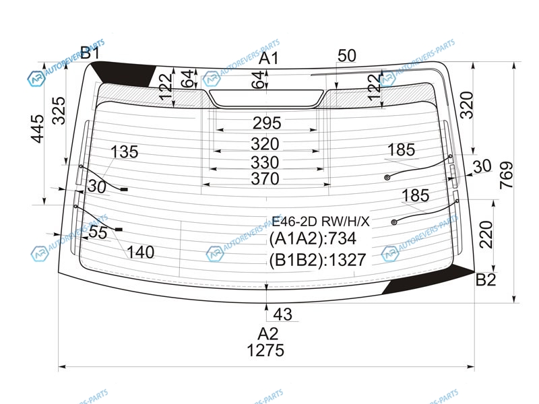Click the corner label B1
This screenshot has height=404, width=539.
click(x=90, y=53)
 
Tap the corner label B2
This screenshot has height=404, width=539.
click(x=485, y=280)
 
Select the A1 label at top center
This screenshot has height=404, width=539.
click(x=268, y=59)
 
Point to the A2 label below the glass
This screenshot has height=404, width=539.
click(x=267, y=333)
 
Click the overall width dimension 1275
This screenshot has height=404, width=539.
click(x=265, y=350)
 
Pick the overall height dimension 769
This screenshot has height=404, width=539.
click(x=506, y=175)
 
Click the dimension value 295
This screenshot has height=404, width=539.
click(x=267, y=123)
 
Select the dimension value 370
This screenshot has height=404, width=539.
click(x=265, y=178)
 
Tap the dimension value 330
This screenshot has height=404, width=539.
click(x=265, y=162)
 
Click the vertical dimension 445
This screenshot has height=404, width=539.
click(x=38, y=129)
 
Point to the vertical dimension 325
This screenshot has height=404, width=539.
click(x=59, y=110)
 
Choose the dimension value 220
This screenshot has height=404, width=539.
click(x=486, y=234)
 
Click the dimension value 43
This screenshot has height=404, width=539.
click(x=283, y=314)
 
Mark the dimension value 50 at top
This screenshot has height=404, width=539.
click(x=347, y=56)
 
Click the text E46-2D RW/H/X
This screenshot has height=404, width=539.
click(x=321, y=222)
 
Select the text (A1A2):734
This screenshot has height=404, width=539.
click(x=313, y=239)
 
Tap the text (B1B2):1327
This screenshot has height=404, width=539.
click(x=317, y=261)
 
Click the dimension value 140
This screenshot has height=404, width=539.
click(x=141, y=252)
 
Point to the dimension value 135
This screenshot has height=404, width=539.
click(x=124, y=152)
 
